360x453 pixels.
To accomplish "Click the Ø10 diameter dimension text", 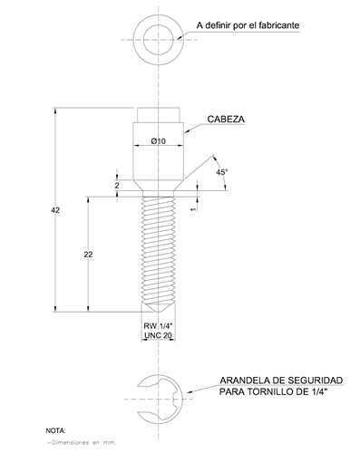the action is pyautogui.click(x=159, y=141).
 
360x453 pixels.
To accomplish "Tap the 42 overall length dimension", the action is pyautogui.click(x=55, y=210).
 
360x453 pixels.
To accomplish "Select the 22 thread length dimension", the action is pyautogui.click(x=88, y=255).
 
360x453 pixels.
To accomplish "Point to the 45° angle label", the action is pyautogui.click(x=222, y=172).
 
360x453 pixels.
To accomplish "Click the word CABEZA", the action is pyautogui.click(x=226, y=120).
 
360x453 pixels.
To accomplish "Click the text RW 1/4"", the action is pyautogui.click(x=158, y=326).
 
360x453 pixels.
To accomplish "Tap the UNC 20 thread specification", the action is pyautogui.click(x=158, y=335).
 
